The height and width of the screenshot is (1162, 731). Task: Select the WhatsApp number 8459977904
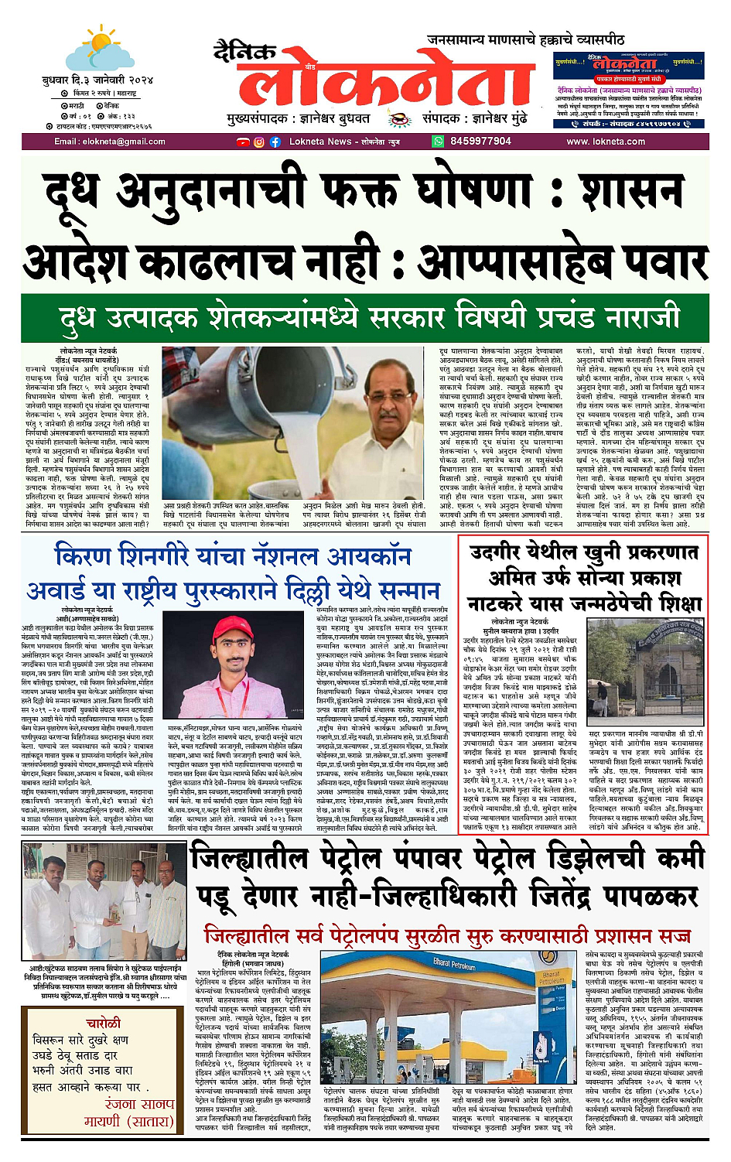tap(480, 142)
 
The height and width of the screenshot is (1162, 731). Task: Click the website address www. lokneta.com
tap(606, 142)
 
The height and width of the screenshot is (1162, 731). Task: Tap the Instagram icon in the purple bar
tap(259, 142)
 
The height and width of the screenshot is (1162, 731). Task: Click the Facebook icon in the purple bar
tap(275, 142)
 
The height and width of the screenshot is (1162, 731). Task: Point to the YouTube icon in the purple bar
tap(244, 142)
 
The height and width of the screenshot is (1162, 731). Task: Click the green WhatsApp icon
tap(439, 142)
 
